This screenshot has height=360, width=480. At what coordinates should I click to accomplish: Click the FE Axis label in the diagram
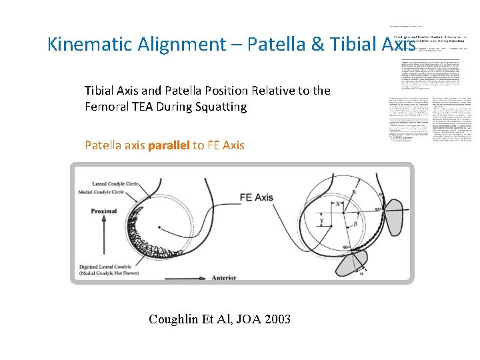tap(255, 197)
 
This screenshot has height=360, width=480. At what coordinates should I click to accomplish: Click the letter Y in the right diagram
tap(321, 220)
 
